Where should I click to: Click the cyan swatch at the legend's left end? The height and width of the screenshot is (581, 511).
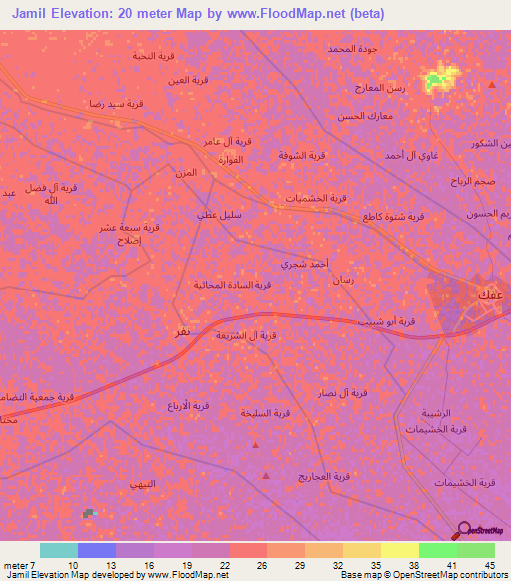[59, 550]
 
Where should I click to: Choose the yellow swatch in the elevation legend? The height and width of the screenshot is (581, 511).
[399, 550]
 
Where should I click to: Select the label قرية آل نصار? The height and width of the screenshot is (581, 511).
[342, 393]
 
